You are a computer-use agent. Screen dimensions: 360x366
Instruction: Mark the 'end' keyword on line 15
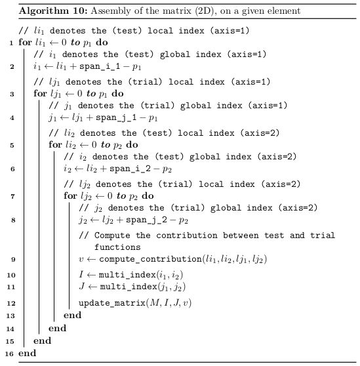(x=42, y=341)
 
